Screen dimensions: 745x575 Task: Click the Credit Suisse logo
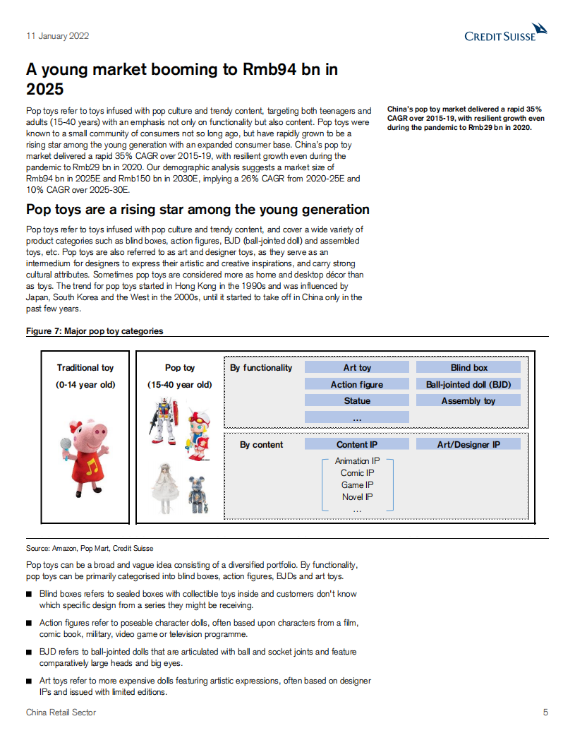point(506,32)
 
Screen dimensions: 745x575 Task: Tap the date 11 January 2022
point(57,36)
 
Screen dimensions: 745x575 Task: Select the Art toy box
point(357,367)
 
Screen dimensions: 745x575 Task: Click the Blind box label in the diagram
point(468,367)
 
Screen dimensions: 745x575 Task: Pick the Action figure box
point(357,384)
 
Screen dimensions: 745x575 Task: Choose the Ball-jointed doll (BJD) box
point(468,384)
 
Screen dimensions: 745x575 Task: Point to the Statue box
point(357,400)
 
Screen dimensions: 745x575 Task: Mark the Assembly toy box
point(468,400)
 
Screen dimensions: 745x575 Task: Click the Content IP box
point(357,444)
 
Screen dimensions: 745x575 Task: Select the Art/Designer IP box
point(468,444)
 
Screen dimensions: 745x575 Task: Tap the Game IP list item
point(357,485)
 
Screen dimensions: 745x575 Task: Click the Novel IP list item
point(357,497)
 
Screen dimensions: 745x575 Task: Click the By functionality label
point(261,368)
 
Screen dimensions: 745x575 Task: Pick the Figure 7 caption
point(95,330)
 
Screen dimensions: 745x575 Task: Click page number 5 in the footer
point(545,713)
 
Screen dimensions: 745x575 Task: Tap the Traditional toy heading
point(85,368)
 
